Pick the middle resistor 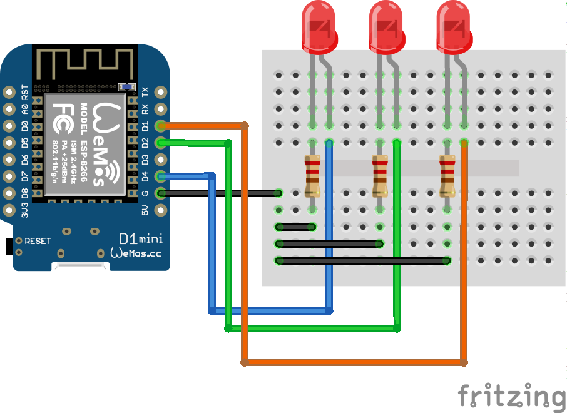click(x=379, y=176)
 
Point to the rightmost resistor click(x=446, y=176)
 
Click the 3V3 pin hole click(x=9, y=210)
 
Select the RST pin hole click(x=9, y=91)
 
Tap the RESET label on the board click(x=38, y=241)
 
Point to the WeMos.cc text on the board click(x=135, y=253)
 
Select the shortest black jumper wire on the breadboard click(x=295, y=227)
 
